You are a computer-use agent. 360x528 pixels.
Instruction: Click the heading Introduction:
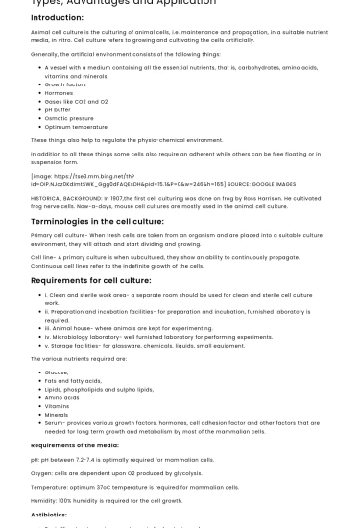tap(57, 17)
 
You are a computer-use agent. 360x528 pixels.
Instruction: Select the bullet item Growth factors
tap(65, 84)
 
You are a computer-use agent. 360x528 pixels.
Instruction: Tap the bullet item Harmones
tap(60, 92)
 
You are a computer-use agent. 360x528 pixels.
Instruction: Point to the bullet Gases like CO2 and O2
tap(77, 101)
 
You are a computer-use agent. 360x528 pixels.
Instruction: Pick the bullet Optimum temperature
tap(76, 126)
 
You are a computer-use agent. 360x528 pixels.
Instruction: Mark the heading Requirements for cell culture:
tap(91, 280)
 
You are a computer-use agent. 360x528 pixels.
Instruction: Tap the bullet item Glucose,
tap(57, 372)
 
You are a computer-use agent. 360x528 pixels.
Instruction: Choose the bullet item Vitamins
tap(58, 406)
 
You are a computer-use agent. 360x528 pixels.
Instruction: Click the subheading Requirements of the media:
tap(75, 445)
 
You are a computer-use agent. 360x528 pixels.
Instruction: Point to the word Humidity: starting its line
tap(45, 500)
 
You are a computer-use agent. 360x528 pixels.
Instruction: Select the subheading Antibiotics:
tap(49, 515)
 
